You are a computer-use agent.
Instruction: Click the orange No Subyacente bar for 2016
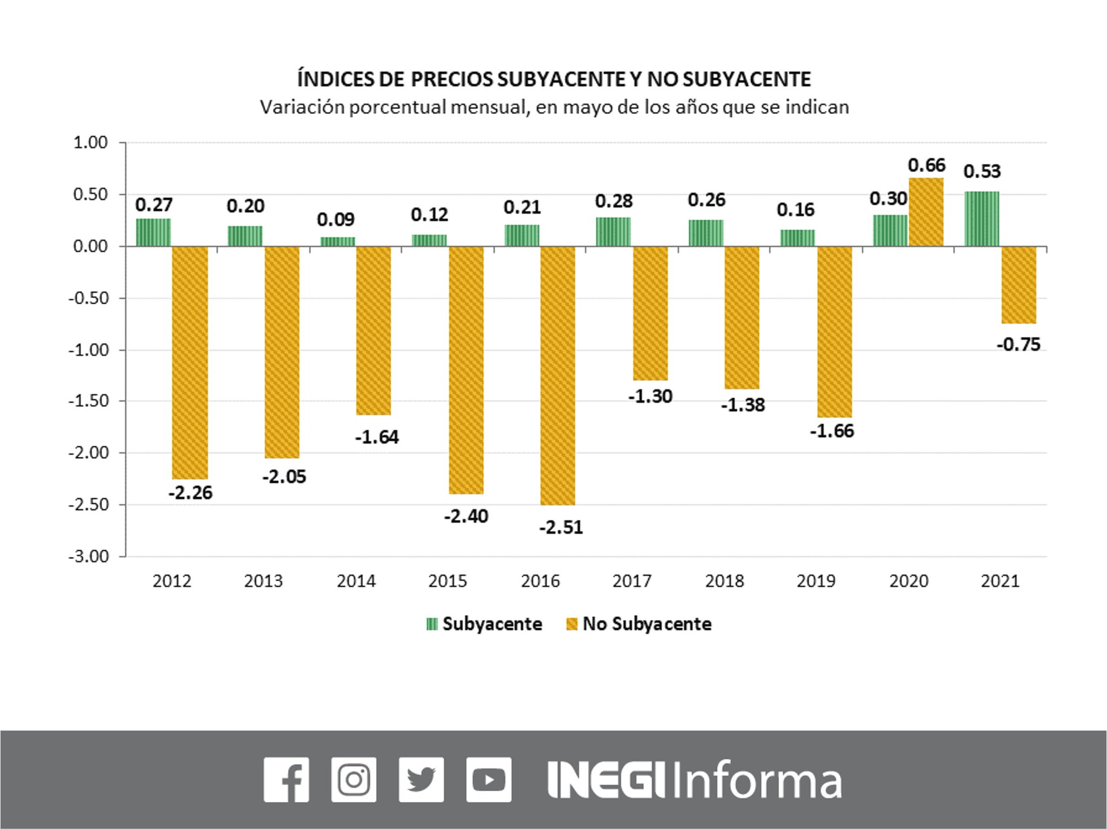[558, 376]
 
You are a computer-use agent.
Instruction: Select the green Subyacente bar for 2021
[982, 219]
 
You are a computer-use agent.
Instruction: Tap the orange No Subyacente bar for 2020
[926, 212]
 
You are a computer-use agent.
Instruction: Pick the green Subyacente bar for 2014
[338, 242]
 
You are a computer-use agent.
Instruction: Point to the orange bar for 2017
[650, 313]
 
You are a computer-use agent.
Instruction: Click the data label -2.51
[561, 527]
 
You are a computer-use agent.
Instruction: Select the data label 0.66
[926, 165]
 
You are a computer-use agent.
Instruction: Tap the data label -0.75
[1018, 344]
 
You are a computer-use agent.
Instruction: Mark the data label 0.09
[336, 219]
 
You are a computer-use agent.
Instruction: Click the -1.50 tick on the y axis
[89, 401]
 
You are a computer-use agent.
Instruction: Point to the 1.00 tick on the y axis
[91, 143]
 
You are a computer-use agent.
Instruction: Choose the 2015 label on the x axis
[448, 581]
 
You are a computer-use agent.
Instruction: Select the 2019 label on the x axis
[816, 581]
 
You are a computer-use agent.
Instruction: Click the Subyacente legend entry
[484, 624]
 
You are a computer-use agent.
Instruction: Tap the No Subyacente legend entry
[639, 624]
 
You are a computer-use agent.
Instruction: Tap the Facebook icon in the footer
[286, 779]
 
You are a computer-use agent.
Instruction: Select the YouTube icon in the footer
[489, 779]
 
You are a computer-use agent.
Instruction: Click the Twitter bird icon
[421, 779]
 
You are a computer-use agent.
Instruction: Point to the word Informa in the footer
[757, 779]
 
